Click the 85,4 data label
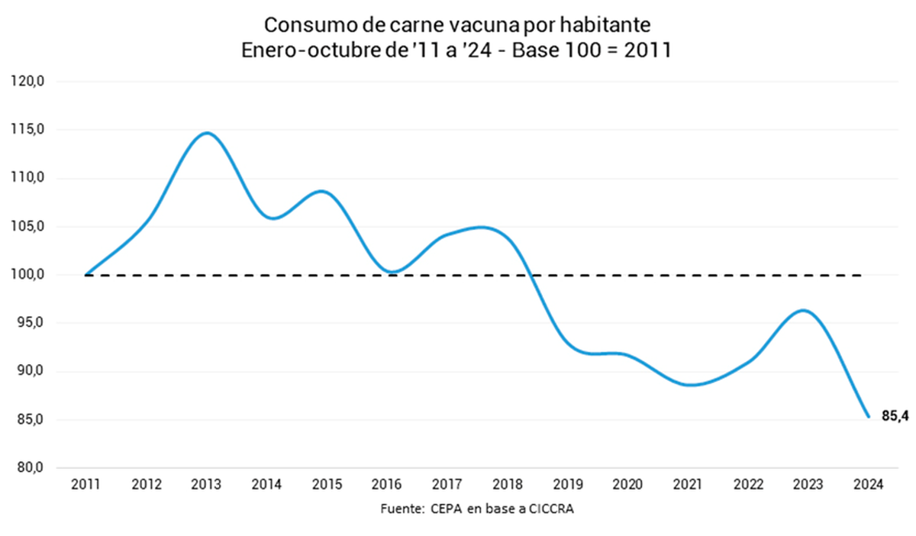click(895, 417)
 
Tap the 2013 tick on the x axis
click(206, 484)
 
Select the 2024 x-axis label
click(868, 484)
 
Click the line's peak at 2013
click(207, 134)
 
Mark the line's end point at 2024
click(868, 416)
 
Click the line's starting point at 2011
click(86, 274)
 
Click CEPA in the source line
click(447, 509)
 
